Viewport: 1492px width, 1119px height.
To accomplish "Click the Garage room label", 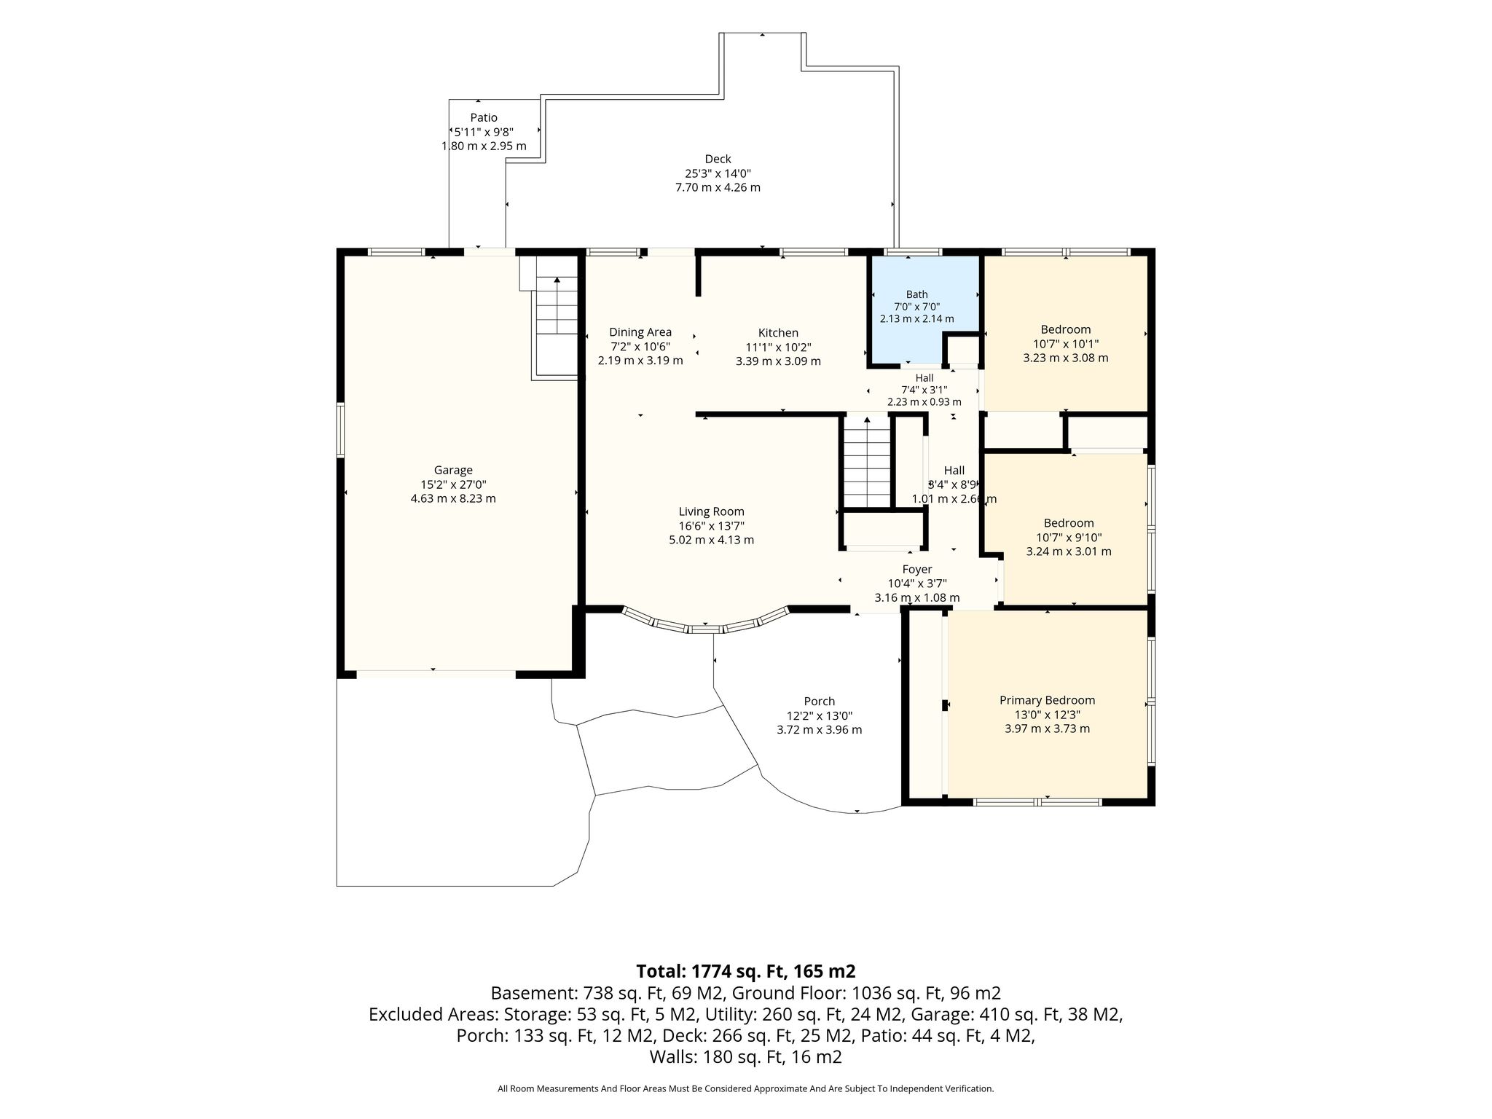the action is [x=453, y=470].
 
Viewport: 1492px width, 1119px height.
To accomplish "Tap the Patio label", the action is [x=484, y=117].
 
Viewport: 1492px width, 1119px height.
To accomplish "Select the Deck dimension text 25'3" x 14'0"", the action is [x=718, y=173].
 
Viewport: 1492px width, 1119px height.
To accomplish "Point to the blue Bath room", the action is [x=923, y=310].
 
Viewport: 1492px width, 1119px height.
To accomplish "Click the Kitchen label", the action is [x=778, y=333].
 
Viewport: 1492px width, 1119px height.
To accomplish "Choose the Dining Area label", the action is [x=640, y=332].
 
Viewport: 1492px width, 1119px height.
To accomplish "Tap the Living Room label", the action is [x=712, y=511].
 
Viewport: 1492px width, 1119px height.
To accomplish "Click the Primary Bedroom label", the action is [x=1047, y=700].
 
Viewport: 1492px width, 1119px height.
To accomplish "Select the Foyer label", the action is [x=917, y=569].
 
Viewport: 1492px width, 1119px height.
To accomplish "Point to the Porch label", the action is [x=820, y=702].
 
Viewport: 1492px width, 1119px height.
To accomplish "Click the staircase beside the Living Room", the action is [x=867, y=461].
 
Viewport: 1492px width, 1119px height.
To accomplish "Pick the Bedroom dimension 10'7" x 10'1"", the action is [x=1066, y=344].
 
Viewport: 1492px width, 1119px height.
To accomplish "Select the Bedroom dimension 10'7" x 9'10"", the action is [x=1069, y=538].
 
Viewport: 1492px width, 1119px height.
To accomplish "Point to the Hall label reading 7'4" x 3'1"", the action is [x=924, y=390].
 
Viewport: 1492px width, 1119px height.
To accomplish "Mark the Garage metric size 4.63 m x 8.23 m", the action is [x=453, y=498].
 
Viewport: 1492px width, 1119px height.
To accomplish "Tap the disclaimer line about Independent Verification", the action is [x=745, y=1089].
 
